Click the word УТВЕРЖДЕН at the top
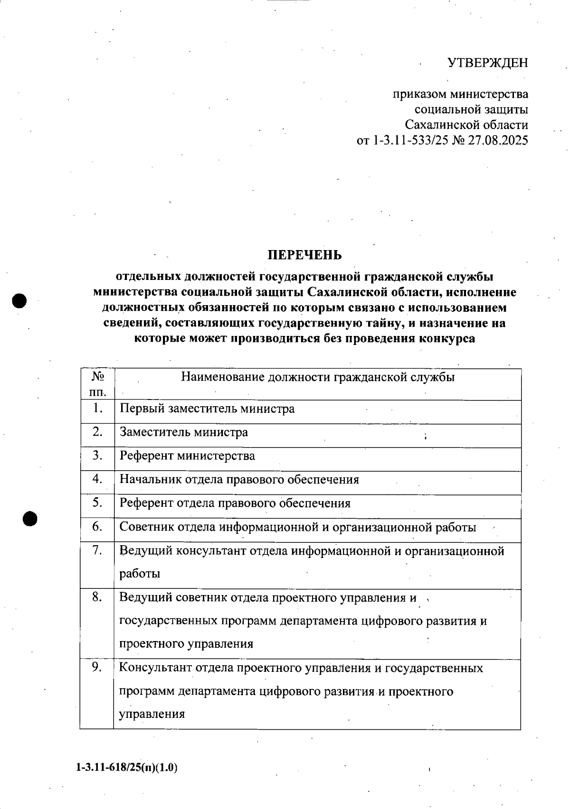click(488, 63)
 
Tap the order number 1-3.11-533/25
click(406, 141)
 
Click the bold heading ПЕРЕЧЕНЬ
click(304, 255)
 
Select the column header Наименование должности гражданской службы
click(318, 377)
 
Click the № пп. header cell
click(97, 384)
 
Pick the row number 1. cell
click(97, 408)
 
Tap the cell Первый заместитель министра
click(207, 409)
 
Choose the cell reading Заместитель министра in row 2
click(183, 432)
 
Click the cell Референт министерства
click(187, 456)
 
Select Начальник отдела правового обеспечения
click(239, 480)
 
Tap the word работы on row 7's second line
click(140, 574)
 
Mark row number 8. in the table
click(97, 597)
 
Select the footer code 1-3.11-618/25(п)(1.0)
click(126, 768)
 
